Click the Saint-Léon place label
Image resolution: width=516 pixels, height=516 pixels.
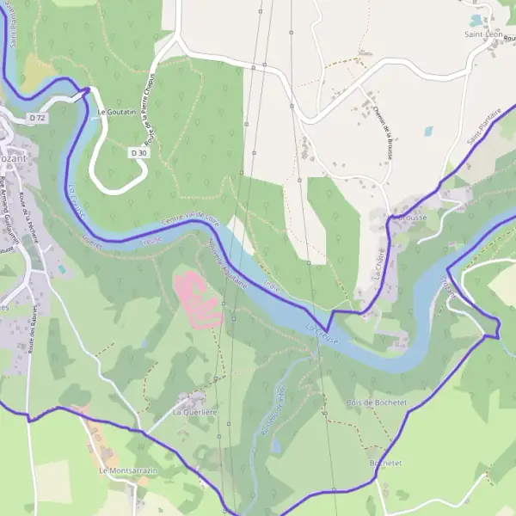pyautogui.click(x=482, y=34)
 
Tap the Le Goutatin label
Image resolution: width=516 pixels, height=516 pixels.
pyautogui.click(x=115, y=112)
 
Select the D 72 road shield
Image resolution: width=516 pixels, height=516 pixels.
pyautogui.click(x=36, y=117)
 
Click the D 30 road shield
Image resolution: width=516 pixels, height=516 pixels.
pyautogui.click(x=138, y=152)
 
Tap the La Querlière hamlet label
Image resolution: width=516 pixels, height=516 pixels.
pyautogui.click(x=195, y=413)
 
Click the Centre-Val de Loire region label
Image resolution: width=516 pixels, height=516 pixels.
pyautogui.click(x=192, y=221)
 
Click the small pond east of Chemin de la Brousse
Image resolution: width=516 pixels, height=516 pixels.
pyautogui.click(x=428, y=132)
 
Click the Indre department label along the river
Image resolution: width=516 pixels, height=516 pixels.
pyautogui.click(x=273, y=282)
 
